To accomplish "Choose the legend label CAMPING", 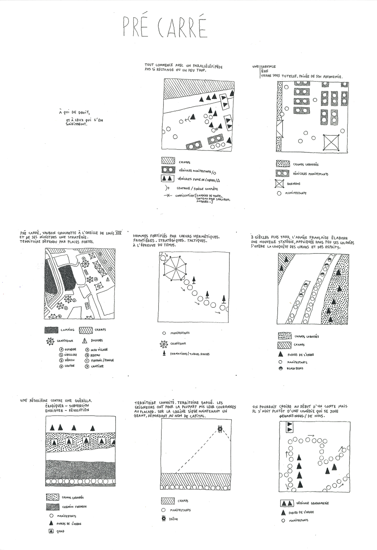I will (x=67, y=330).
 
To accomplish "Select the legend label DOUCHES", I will (x=97, y=341).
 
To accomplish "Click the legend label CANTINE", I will (x=97, y=366).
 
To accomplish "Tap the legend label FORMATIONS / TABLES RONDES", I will (x=190, y=354).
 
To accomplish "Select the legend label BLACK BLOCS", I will (x=295, y=368).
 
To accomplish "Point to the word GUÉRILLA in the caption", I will (x=81, y=401).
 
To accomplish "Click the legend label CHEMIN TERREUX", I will (x=74, y=507).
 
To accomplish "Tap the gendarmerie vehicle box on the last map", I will (x=290, y=427).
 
